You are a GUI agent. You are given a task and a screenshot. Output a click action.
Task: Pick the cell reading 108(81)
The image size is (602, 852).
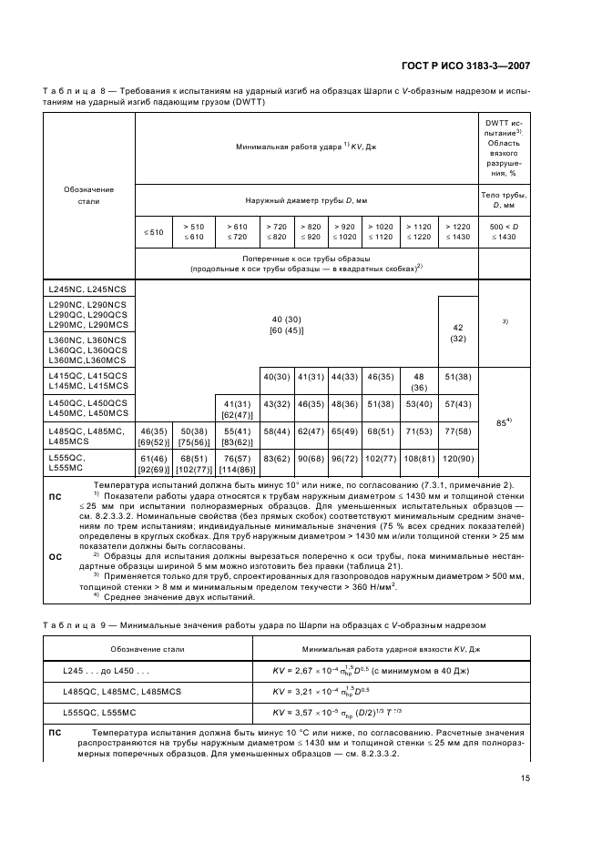(419, 460)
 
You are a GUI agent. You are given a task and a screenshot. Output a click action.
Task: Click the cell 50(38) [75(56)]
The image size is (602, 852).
(195, 437)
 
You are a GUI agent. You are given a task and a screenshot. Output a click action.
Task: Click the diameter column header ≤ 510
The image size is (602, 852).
(154, 232)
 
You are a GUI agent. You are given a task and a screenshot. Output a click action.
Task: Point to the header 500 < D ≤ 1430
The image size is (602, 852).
(503, 232)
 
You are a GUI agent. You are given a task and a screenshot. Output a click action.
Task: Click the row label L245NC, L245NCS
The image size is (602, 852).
(88, 288)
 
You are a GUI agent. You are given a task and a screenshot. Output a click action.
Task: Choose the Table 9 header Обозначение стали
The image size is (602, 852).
(148, 649)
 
